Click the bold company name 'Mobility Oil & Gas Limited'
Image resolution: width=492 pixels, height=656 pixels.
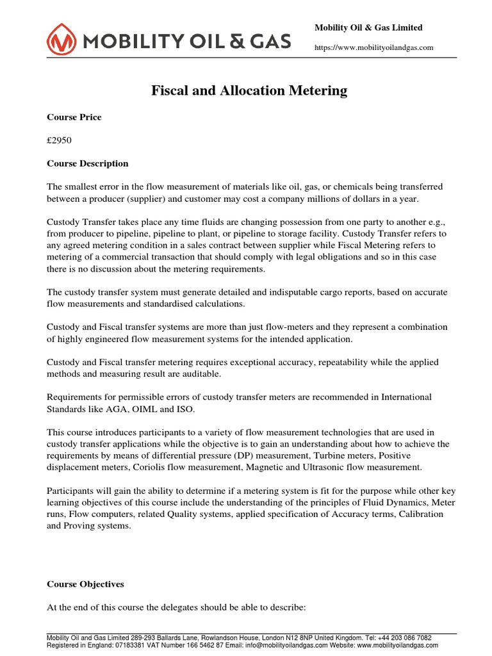pyautogui.click(x=368, y=28)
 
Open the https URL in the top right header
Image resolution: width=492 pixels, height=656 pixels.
pyautogui.click(x=373, y=47)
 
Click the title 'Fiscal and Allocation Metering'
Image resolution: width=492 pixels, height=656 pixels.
pyautogui.click(x=249, y=90)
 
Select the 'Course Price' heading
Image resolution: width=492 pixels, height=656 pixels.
pyautogui.click(x=74, y=117)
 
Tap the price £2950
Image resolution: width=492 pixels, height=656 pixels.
pyautogui.click(x=61, y=140)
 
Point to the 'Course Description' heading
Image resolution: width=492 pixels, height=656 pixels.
pyautogui.click(x=88, y=163)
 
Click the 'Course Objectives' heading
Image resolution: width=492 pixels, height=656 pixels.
pyautogui.click(x=85, y=584)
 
